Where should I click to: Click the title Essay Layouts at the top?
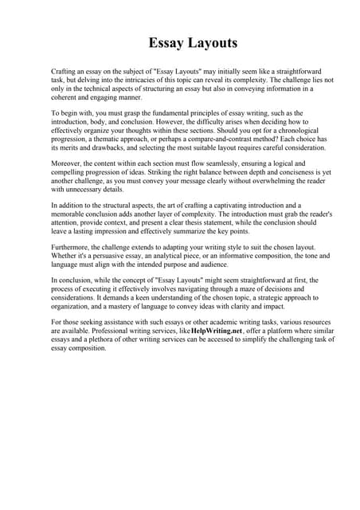click(x=192, y=42)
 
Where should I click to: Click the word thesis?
click(x=227, y=223)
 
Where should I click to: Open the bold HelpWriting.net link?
click(x=225, y=331)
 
